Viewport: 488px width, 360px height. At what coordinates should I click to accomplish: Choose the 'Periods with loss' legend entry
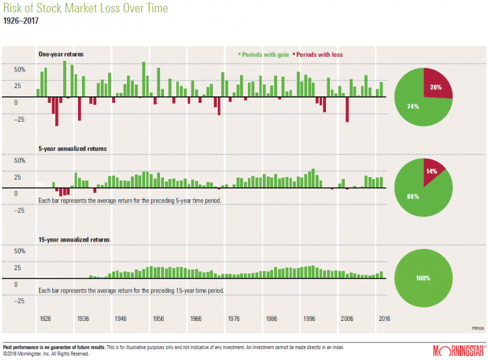pos(318,55)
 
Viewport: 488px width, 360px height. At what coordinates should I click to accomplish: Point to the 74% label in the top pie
pos(413,106)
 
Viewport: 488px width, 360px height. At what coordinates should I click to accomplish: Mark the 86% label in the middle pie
pos(413,196)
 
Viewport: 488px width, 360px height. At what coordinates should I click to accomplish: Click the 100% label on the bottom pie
pos(423,278)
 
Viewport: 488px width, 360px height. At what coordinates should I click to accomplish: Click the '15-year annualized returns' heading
pos(74,239)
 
